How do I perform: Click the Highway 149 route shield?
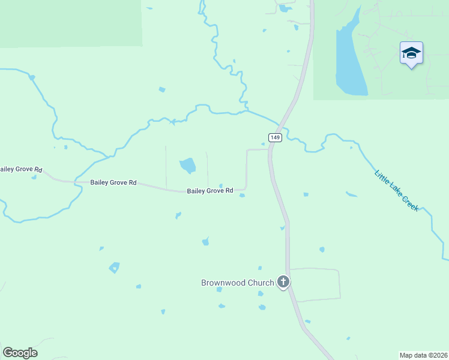275,137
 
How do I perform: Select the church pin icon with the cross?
283,282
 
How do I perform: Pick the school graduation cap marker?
411,54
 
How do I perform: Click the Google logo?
20,353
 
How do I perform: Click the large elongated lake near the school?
349,60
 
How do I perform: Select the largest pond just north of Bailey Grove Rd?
187,165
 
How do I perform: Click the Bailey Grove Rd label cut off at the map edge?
20,170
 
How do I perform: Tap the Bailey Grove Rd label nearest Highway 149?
209,191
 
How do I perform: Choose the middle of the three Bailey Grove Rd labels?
113,182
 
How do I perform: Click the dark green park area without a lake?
71,23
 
